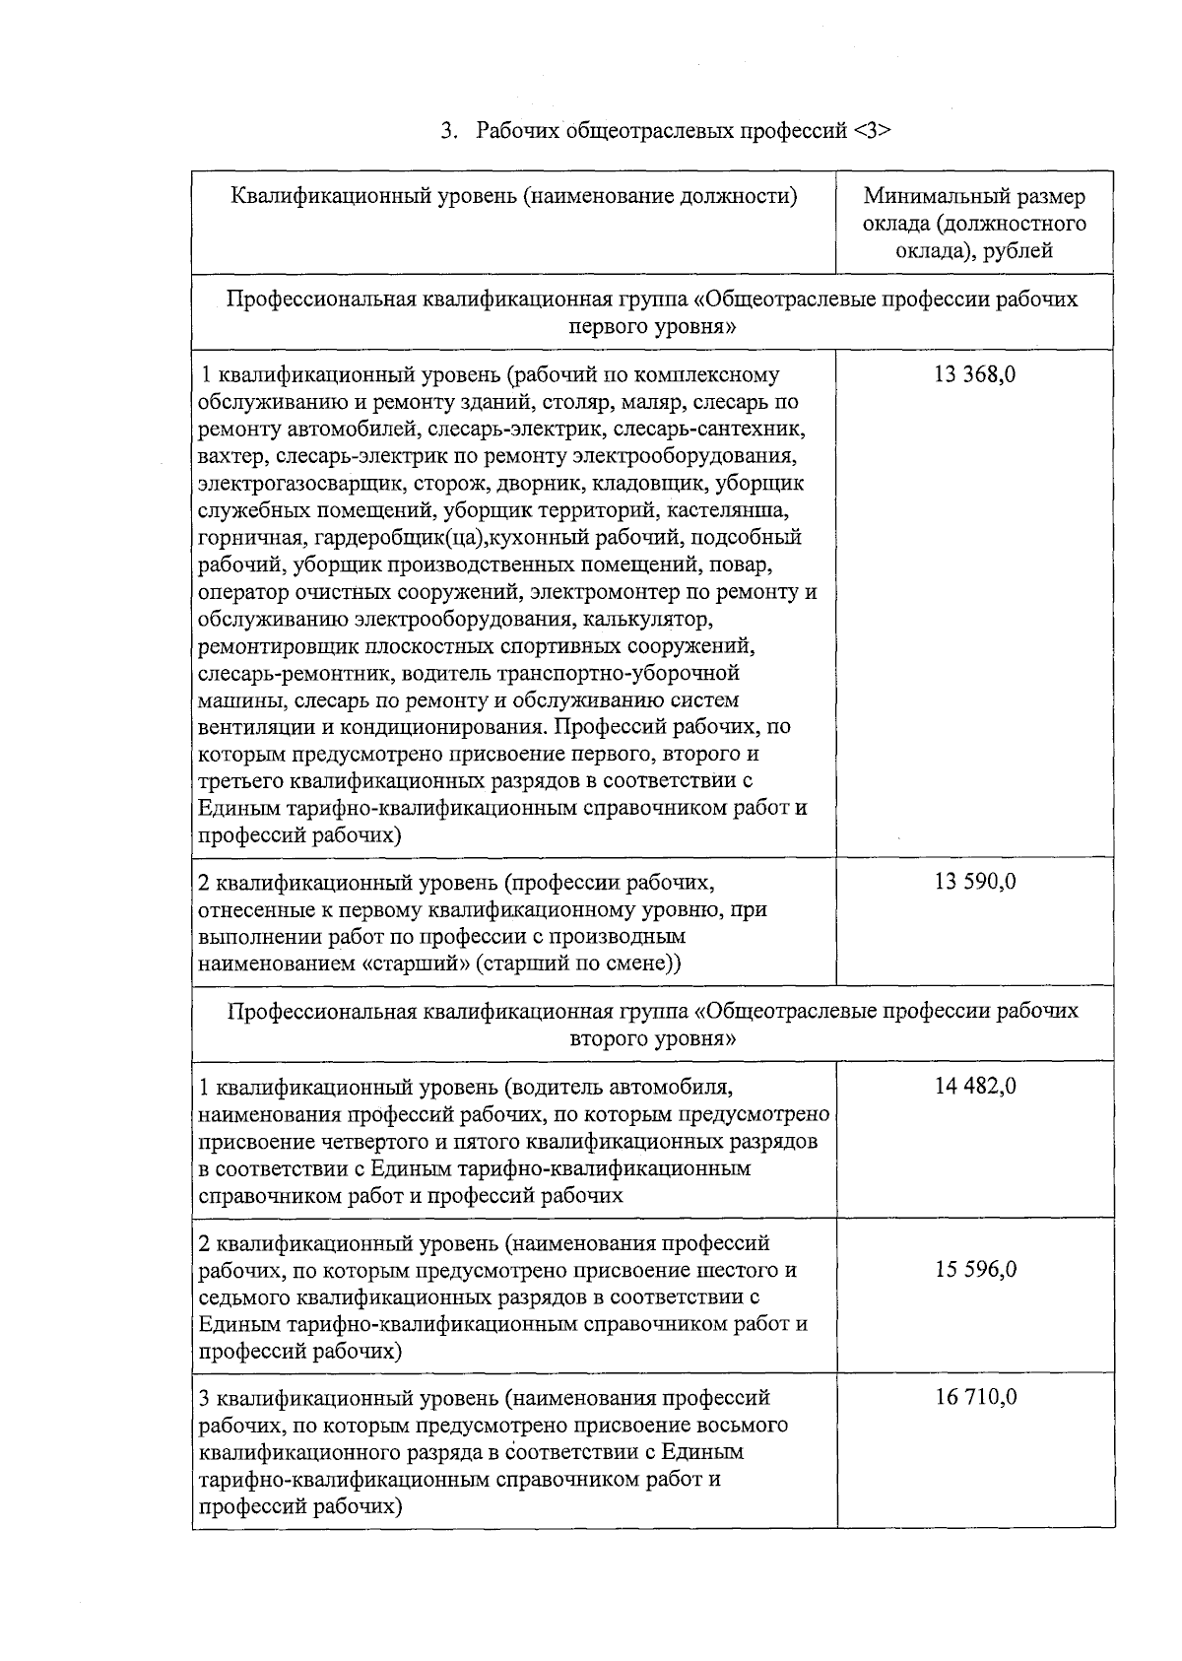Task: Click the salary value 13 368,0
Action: point(974,374)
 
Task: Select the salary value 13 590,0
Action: point(974,881)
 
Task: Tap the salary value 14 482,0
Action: point(974,1087)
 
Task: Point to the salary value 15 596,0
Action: point(974,1269)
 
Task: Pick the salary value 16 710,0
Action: point(974,1397)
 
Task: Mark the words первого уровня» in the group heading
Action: point(652,326)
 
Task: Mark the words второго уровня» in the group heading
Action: point(652,1038)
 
